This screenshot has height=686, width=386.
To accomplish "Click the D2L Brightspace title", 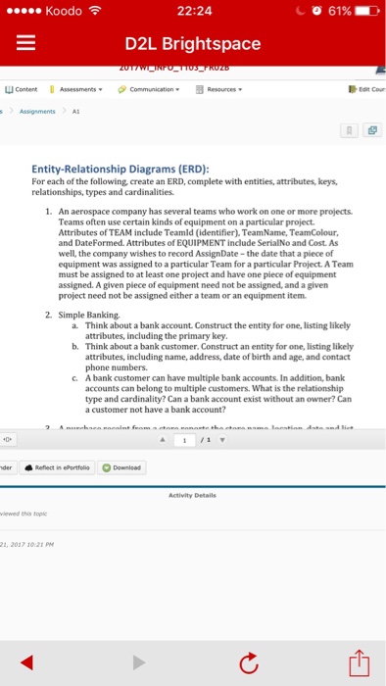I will pyautogui.click(x=192, y=44).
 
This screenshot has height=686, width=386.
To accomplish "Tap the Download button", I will pyautogui.click(x=122, y=467).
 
